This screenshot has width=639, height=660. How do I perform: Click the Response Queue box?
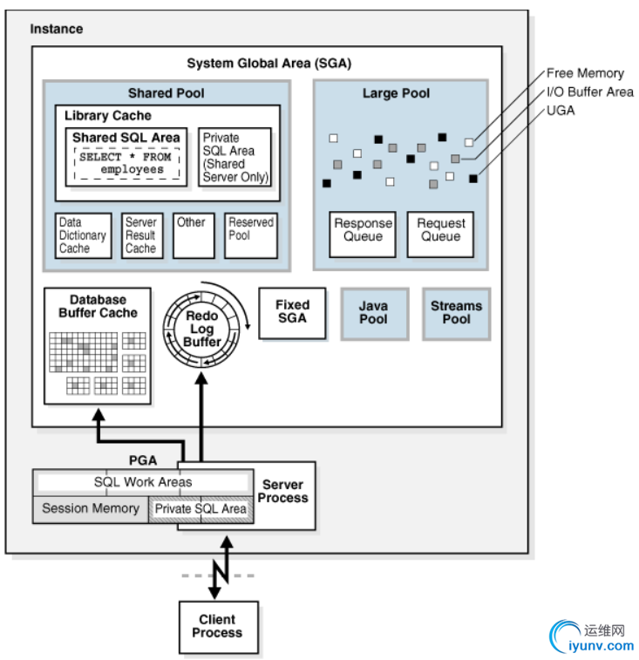pos(362,233)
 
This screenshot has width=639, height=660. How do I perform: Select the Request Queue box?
pos(440,233)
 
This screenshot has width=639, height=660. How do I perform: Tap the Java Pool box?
pos(373,313)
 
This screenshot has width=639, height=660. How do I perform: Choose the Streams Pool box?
pos(456,313)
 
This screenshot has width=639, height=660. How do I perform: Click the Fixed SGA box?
pos(292,313)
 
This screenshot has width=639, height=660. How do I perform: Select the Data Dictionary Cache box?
pos(84,235)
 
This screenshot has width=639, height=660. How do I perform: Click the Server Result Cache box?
pos(140,235)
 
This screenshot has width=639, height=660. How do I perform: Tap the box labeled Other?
pos(193,235)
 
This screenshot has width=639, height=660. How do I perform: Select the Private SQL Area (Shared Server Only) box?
pos(235,157)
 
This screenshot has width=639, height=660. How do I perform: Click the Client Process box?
pos(217,626)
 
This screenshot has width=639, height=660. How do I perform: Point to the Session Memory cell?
pos(91,508)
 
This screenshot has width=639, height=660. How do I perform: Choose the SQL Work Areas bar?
pos(143,482)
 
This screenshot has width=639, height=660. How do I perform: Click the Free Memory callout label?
pos(585,73)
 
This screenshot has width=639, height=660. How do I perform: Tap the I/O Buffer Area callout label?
pos(589,92)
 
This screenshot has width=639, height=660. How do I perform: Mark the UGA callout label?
pos(561,111)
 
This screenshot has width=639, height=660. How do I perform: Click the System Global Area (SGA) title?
pos(269,64)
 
